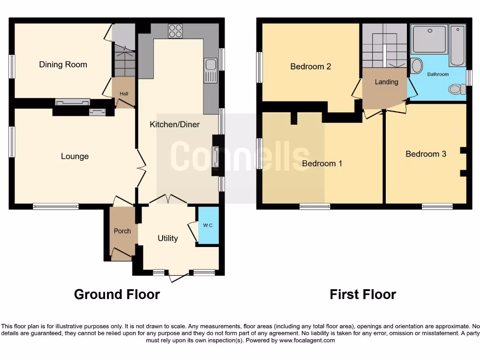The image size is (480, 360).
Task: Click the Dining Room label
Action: (63, 65)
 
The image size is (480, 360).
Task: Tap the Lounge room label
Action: (75, 156)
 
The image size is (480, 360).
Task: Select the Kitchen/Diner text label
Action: (174, 124)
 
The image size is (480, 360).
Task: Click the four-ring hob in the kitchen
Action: (175, 31)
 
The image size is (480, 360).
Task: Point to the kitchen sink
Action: (210, 71)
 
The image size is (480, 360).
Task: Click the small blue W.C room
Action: (208, 225)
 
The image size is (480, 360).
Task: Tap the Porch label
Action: (122, 231)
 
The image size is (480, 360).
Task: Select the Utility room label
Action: (167, 238)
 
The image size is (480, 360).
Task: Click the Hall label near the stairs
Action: (124, 94)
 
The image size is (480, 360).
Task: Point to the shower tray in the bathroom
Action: (430, 39)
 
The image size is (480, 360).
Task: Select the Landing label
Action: (386, 82)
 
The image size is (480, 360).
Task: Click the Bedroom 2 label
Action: (310, 67)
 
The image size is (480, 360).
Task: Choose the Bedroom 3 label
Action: (426, 154)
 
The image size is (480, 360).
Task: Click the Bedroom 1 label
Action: (322, 164)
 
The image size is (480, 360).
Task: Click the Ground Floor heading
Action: (117, 294)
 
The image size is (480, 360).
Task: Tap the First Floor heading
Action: (362, 294)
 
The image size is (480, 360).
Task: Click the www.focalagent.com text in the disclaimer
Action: (307, 340)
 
